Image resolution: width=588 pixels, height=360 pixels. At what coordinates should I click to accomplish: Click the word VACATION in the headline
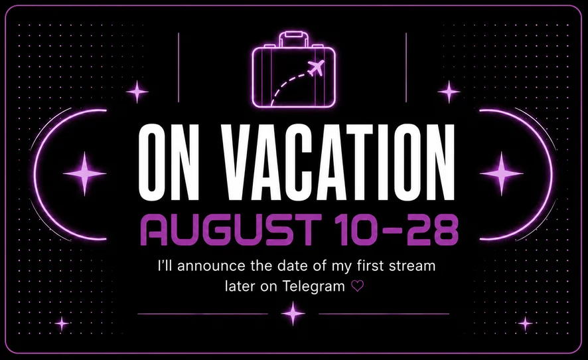(x=338, y=162)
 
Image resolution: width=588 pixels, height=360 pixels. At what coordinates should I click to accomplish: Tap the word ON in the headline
(x=169, y=162)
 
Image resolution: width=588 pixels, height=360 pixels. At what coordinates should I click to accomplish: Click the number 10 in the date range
(x=357, y=230)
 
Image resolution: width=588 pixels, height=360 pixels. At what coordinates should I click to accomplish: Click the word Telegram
(x=313, y=286)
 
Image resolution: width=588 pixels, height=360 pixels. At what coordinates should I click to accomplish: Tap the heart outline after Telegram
(x=357, y=286)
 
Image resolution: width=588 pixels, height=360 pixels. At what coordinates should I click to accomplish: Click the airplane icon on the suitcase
(x=316, y=68)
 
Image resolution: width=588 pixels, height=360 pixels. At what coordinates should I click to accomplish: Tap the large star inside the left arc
(x=85, y=173)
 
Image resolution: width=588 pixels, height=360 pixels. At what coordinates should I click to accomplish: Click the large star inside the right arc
(x=502, y=173)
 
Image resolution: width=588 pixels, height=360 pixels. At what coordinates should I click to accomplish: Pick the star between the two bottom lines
(x=293, y=314)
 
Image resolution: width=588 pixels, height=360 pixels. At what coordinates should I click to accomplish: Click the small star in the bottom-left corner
(x=62, y=323)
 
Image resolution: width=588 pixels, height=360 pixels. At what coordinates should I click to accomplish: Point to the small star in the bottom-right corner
(x=525, y=323)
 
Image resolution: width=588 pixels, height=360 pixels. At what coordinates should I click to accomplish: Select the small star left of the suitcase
(x=137, y=92)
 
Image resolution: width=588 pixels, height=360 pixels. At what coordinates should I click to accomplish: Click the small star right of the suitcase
(x=449, y=92)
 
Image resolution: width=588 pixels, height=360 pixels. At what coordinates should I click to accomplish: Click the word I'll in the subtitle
(x=165, y=266)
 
